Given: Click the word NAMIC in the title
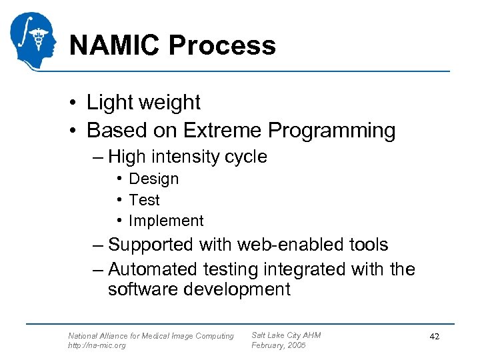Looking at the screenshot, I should (114, 45).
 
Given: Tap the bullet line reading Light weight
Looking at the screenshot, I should (143, 103).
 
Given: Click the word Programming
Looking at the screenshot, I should (333, 130).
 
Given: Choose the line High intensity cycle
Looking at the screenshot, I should (187, 157).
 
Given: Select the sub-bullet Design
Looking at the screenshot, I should (153, 179).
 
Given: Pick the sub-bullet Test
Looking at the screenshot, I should (144, 200).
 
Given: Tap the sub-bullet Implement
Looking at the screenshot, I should (165, 221).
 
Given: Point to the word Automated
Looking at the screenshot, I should (153, 269).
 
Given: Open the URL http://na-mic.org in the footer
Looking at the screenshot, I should (97, 345).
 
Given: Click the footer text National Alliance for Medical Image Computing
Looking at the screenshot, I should (151, 336).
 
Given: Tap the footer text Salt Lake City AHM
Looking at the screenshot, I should (285, 335).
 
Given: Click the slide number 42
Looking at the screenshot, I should (434, 338).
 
